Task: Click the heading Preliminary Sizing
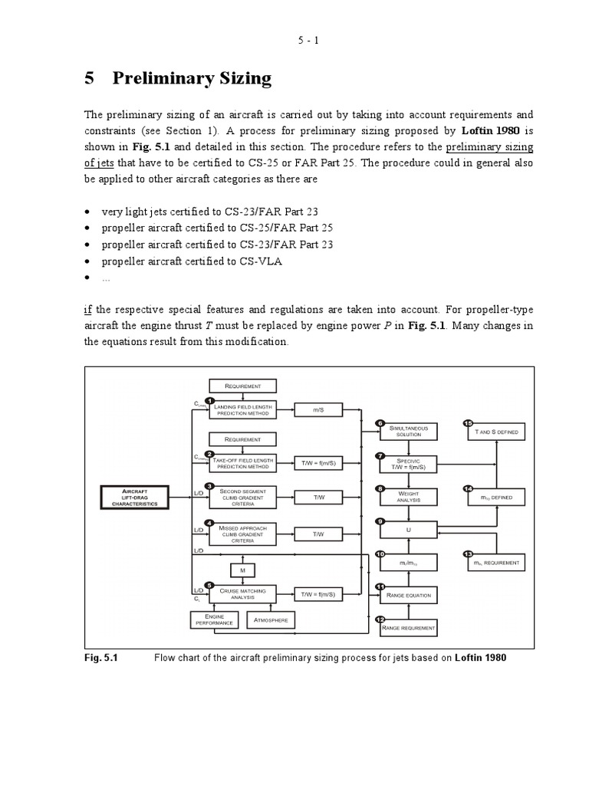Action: (x=192, y=78)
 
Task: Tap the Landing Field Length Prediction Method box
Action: (x=242, y=410)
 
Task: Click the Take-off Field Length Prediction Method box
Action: (x=242, y=462)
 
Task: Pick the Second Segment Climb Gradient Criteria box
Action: (x=242, y=497)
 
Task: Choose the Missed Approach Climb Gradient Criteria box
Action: (x=242, y=534)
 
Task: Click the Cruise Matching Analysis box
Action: (x=242, y=593)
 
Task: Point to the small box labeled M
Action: (x=242, y=570)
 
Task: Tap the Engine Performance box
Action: (x=215, y=619)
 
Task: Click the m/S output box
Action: (x=318, y=410)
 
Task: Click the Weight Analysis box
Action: (x=409, y=497)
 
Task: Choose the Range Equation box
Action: (x=409, y=595)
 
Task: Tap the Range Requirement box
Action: (x=409, y=628)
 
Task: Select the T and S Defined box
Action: (x=497, y=432)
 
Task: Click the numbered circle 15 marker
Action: (x=468, y=422)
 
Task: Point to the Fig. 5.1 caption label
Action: (x=100, y=658)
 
